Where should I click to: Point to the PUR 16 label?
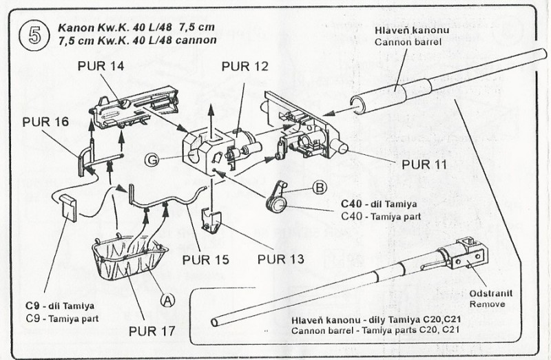[x=45, y=122]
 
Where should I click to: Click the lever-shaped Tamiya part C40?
[x=279, y=198]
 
